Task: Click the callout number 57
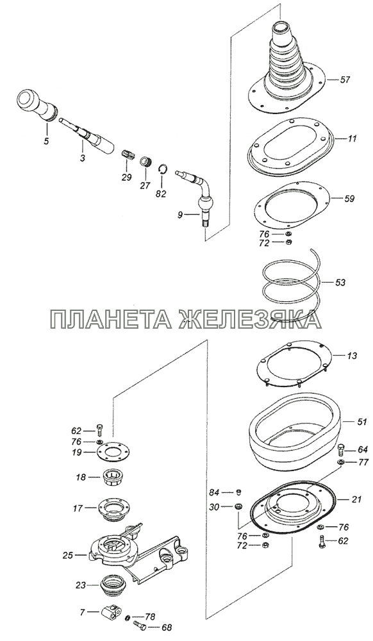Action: point(345,79)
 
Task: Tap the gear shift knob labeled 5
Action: point(37,104)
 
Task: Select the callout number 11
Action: point(352,138)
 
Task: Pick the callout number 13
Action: point(352,356)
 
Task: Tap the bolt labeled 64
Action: point(342,451)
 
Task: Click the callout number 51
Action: point(362,422)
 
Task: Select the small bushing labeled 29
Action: point(128,155)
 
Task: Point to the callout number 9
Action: point(179,214)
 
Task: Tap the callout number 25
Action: point(68,555)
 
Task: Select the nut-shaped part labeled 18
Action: point(113,478)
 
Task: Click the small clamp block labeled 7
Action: point(110,612)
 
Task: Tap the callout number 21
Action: point(357,499)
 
